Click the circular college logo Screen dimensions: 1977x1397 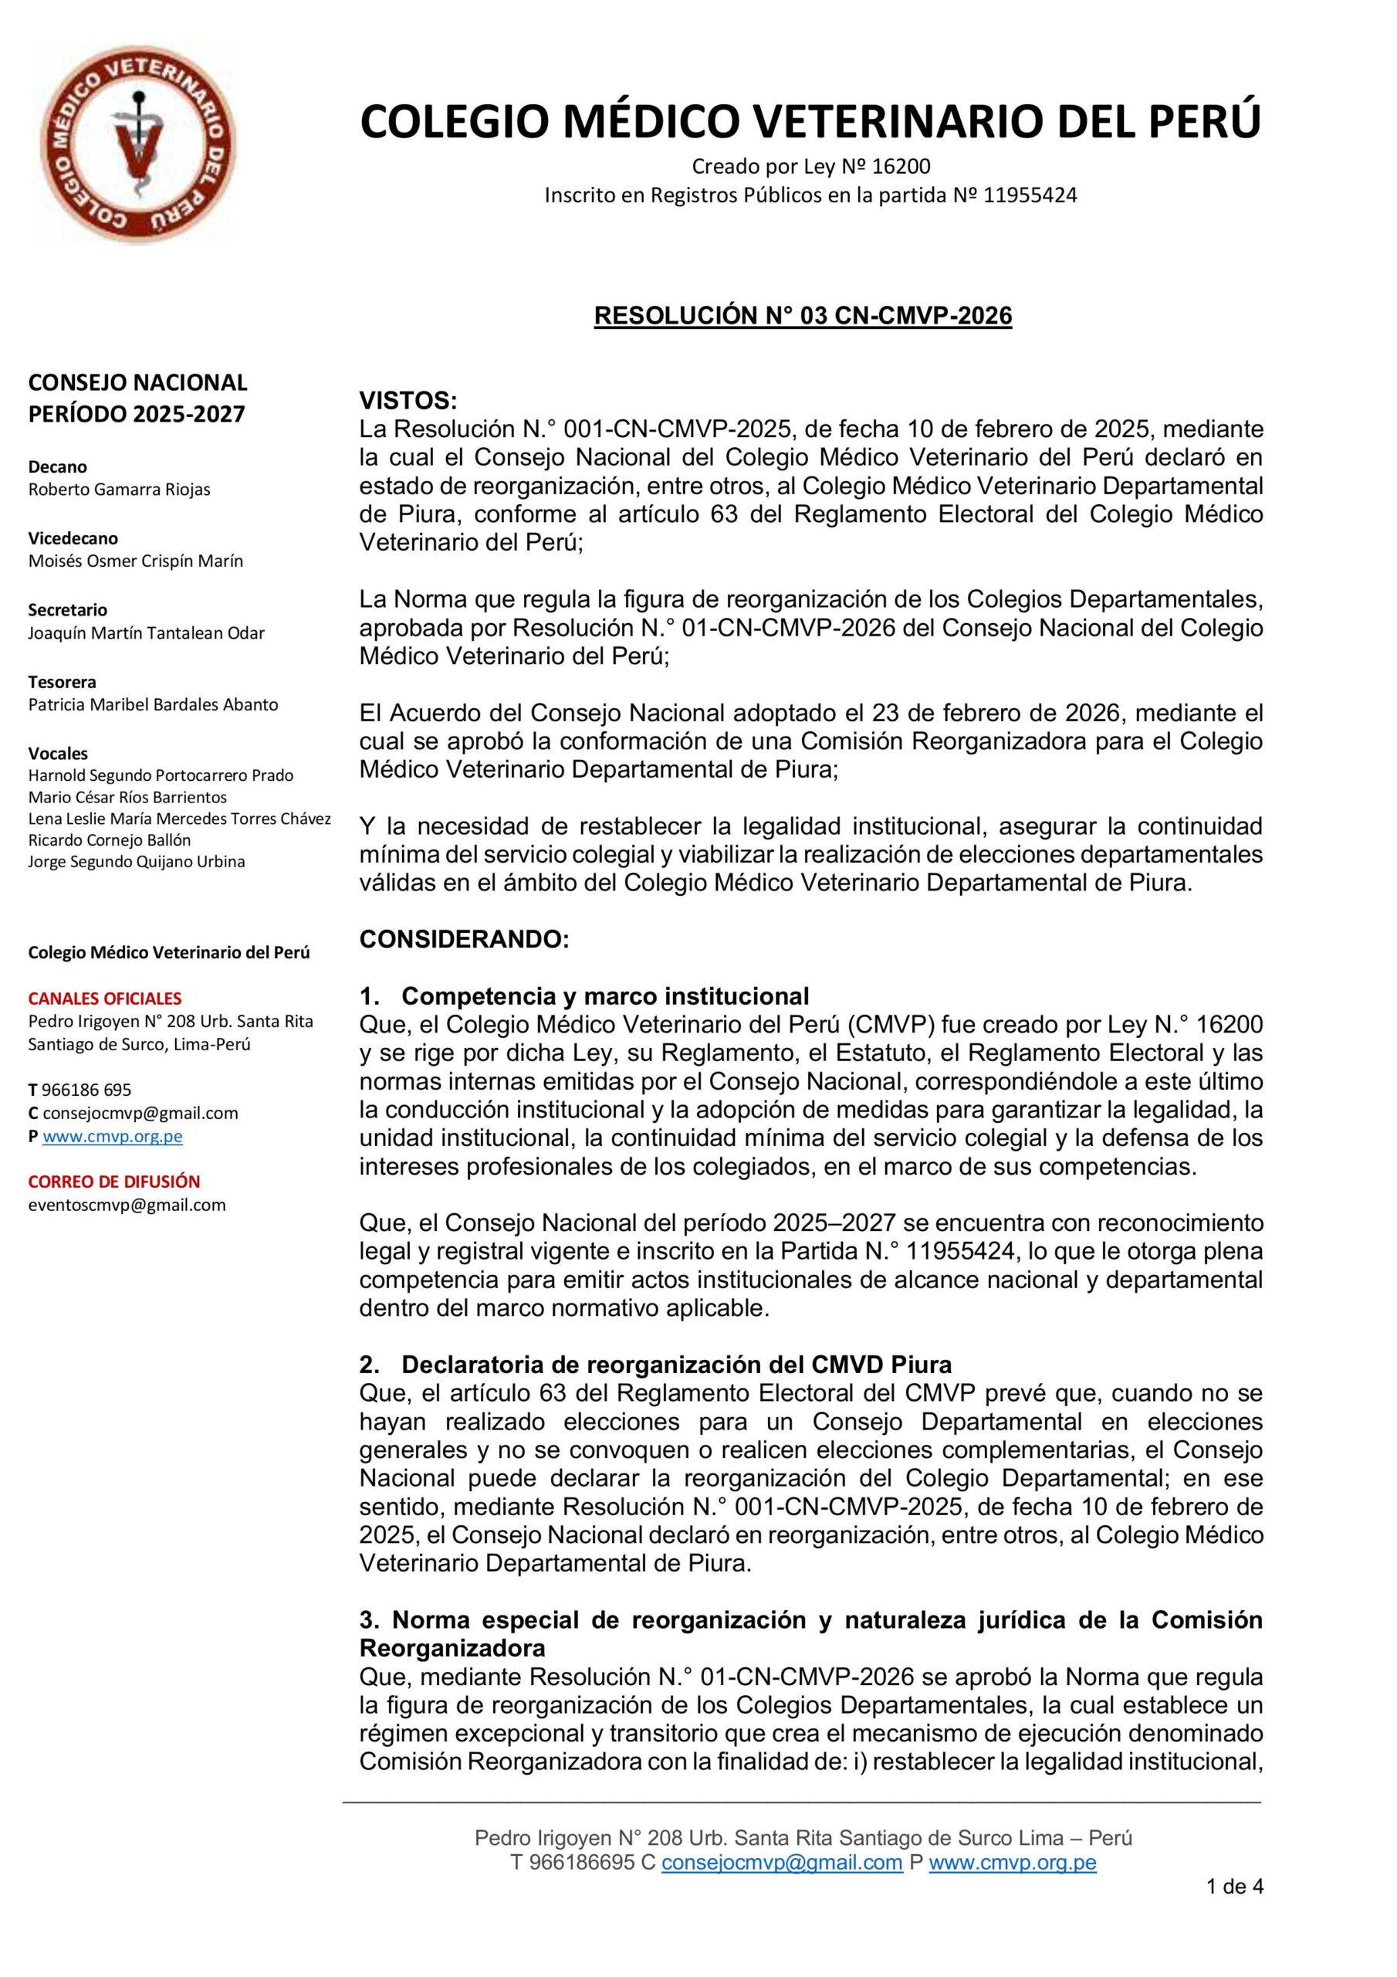click(137, 144)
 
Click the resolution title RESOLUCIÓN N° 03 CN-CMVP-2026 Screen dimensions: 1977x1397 click(802, 316)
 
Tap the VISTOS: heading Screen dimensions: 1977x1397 click(408, 400)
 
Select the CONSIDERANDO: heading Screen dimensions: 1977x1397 click(464, 939)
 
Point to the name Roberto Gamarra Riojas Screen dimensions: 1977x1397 click(119, 489)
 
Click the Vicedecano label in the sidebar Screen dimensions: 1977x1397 click(73, 538)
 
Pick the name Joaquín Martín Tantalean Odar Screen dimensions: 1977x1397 click(147, 633)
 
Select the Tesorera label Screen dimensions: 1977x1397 click(62, 682)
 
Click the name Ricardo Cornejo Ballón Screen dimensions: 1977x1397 click(110, 839)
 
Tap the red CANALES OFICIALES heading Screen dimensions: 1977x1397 click(105, 999)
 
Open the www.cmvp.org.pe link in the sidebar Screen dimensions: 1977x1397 click(112, 1136)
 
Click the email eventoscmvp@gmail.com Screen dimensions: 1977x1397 click(127, 1205)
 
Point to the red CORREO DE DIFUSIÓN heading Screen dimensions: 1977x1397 click(113, 1182)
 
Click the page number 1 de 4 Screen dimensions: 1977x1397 click(1234, 1887)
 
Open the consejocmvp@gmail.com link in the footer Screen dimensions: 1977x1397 click(782, 1863)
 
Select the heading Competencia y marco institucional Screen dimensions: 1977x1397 click(604, 996)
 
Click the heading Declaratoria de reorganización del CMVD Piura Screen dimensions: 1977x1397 click(675, 1365)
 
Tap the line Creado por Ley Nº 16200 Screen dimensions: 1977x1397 click(811, 166)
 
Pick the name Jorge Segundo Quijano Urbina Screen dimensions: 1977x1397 click(136, 861)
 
